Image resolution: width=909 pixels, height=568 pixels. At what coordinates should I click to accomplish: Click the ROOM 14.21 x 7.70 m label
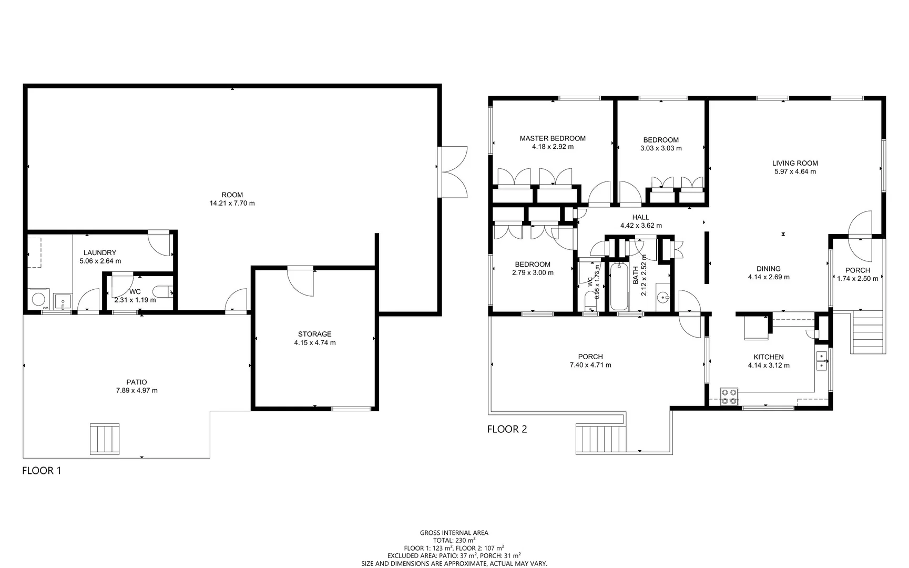click(232, 199)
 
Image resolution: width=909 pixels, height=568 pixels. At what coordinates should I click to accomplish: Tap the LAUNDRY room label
click(100, 253)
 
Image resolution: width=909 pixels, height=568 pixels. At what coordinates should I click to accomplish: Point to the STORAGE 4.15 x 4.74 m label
click(314, 338)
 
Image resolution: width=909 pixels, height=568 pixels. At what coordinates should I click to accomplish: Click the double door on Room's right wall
click(453, 172)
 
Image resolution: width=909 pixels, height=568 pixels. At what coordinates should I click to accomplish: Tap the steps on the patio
click(105, 439)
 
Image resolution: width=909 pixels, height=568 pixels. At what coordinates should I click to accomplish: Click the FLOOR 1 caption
click(42, 471)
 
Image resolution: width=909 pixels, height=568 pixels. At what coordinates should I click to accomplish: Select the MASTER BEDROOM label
click(553, 138)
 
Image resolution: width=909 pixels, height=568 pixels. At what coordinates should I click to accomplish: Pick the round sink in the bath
click(663, 298)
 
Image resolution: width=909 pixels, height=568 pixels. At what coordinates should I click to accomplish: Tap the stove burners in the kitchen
click(729, 396)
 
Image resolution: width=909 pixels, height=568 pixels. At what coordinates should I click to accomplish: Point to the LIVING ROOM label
click(795, 163)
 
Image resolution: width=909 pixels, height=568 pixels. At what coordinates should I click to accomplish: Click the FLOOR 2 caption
click(507, 429)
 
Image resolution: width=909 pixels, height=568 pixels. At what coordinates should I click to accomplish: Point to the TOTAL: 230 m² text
click(454, 540)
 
